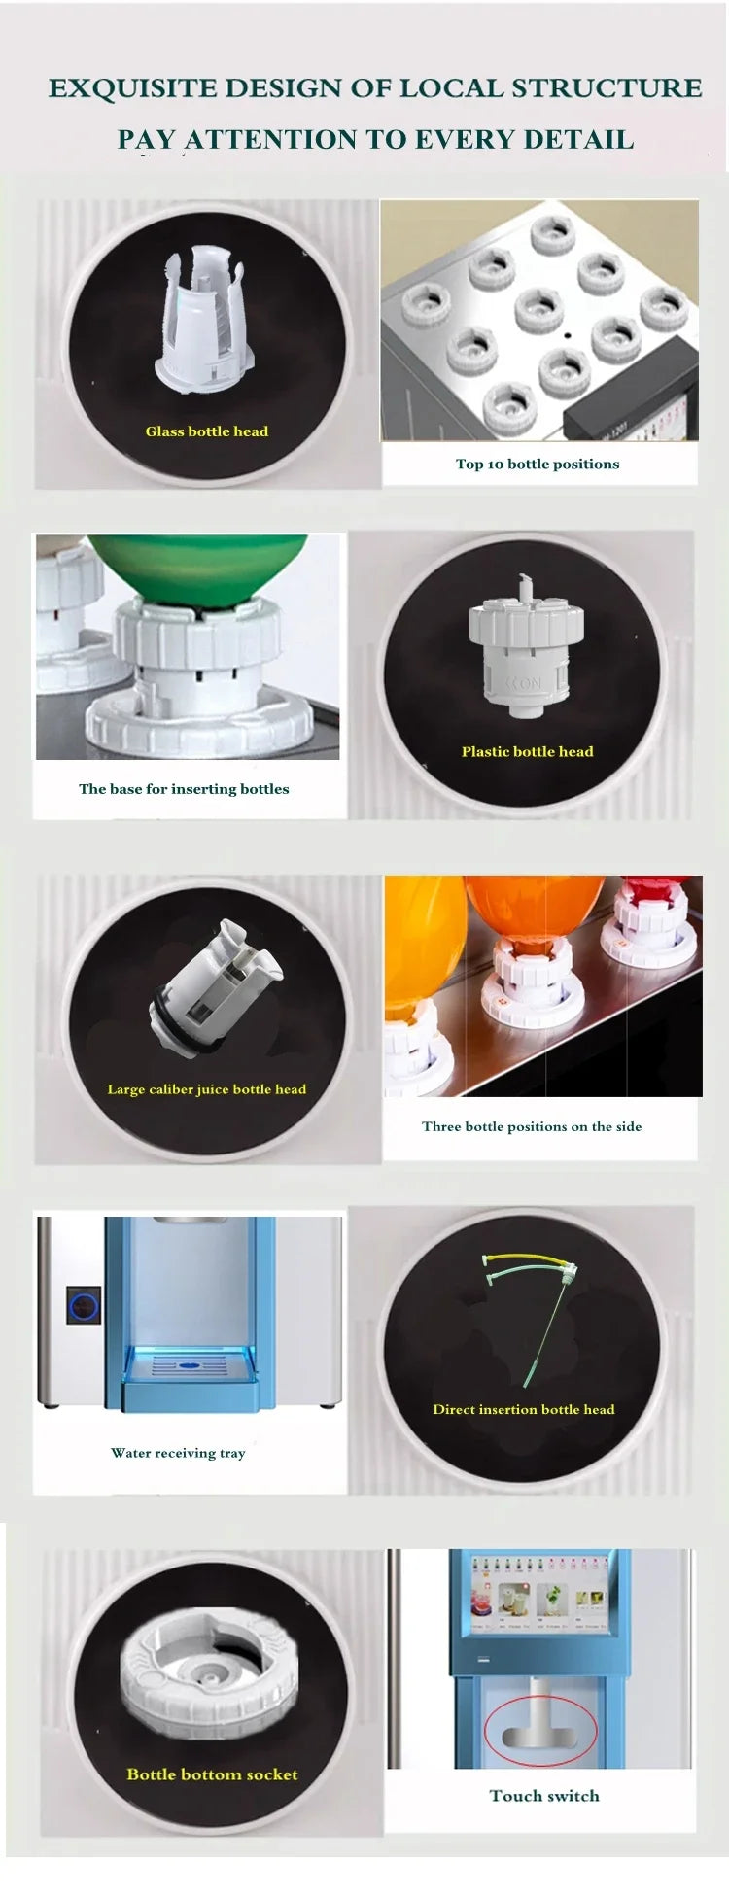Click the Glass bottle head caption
[207, 431]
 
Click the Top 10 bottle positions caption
[538, 465]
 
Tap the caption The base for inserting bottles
[184, 789]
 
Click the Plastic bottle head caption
[527, 751]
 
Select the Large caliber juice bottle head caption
[207, 1089]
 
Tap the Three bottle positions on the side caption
[532, 1127]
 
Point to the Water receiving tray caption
[178, 1453]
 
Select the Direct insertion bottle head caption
[524, 1410]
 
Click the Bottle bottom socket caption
[212, 1774]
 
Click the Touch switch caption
[544, 1796]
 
